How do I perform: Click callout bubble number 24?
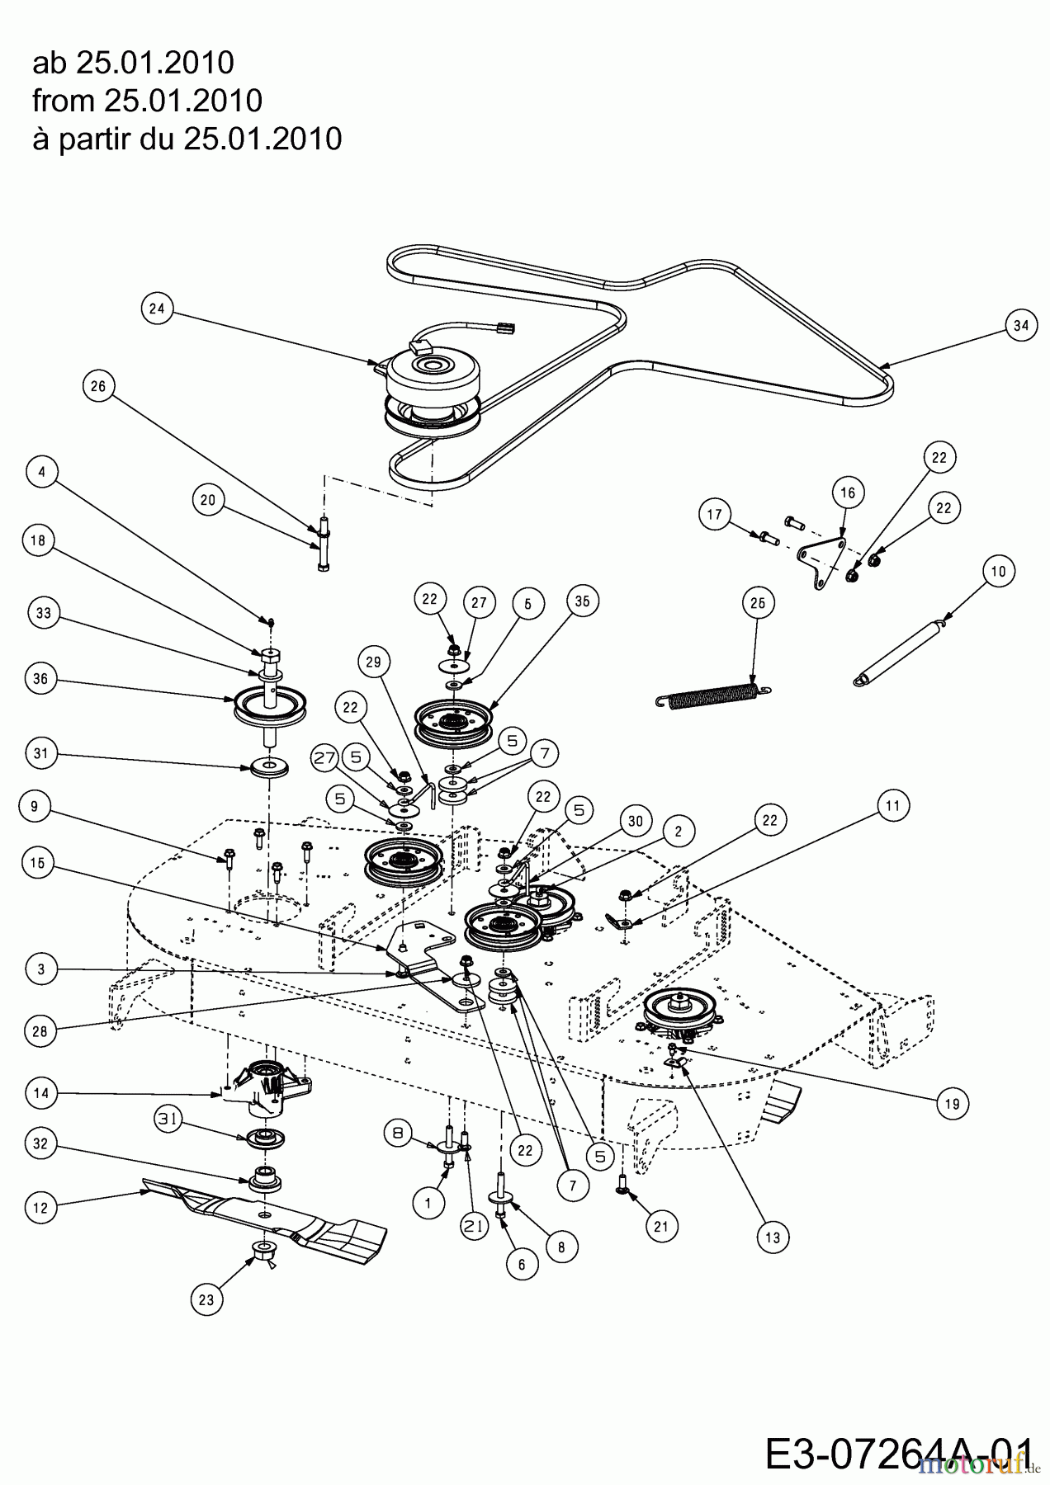coord(157,309)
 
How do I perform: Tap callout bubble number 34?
coord(1021,325)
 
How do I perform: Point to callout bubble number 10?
coord(998,571)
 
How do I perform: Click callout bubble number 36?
coord(41,680)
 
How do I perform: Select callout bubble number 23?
coord(206,1300)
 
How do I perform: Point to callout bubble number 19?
coord(953,1103)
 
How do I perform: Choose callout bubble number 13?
coord(775,1237)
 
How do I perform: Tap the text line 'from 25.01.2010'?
coord(147,101)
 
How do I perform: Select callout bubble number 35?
coord(582,602)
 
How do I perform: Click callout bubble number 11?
coord(894,805)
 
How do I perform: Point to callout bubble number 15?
coord(41,863)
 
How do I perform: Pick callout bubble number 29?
coord(374,662)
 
